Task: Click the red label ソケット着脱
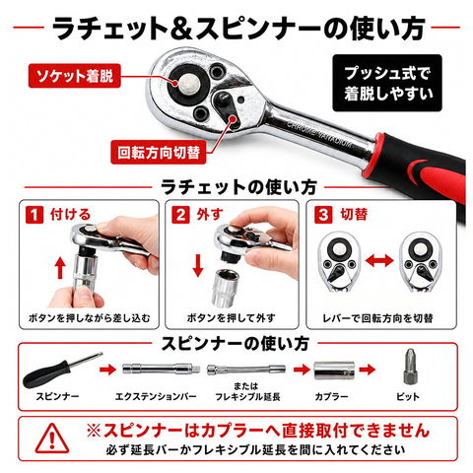point(75,76)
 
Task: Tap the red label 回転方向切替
point(159,152)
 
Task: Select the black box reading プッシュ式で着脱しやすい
point(387,83)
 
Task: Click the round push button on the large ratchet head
point(187,82)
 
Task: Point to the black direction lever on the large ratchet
point(227,107)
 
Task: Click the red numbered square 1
point(34,215)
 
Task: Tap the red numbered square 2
point(180,215)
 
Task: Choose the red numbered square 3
point(323,215)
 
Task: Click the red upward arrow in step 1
point(60,268)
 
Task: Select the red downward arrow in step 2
point(198,265)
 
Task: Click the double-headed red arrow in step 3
point(379,261)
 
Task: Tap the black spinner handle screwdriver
point(62,370)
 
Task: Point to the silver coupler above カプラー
point(334,371)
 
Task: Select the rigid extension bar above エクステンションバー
point(162,369)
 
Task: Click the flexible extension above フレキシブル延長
point(246,370)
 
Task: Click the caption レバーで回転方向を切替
point(378,318)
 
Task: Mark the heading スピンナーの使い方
point(235,343)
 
